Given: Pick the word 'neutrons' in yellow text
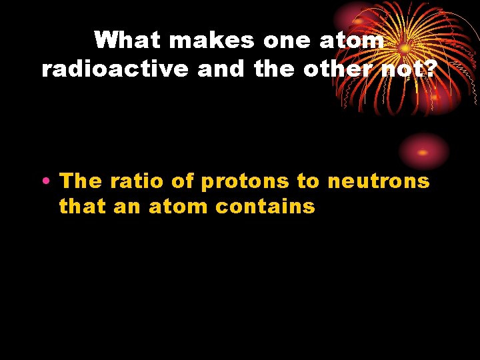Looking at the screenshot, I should point(378,181).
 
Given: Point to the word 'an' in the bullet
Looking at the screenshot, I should point(127,207).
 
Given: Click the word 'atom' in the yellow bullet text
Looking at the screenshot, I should point(179,207).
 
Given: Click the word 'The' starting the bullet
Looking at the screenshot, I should point(81,181).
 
